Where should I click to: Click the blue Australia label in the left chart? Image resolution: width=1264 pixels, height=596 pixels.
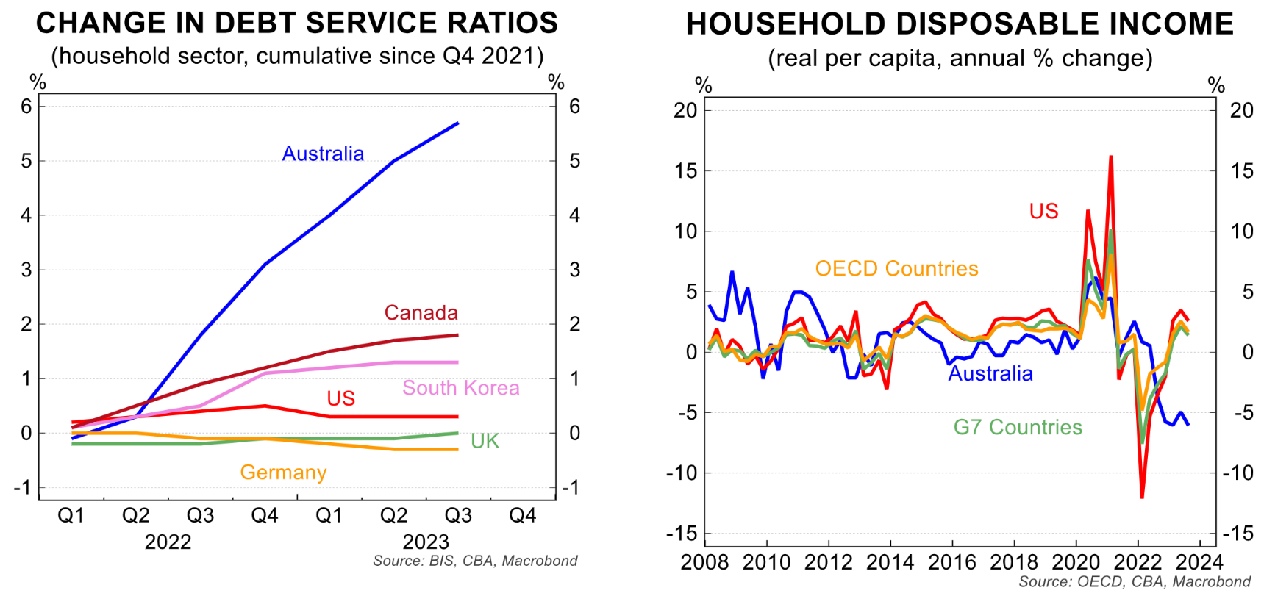(323, 154)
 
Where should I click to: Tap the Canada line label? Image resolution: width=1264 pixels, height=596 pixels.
(421, 313)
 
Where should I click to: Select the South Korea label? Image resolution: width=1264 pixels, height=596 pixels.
(460, 388)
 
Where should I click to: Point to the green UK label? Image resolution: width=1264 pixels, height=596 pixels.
(485, 441)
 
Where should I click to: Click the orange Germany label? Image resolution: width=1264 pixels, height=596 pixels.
(283, 473)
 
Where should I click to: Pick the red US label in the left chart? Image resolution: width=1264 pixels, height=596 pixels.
(340, 398)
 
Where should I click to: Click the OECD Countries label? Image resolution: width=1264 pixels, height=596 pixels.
(896, 269)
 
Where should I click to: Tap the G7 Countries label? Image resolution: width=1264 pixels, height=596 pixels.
(1018, 428)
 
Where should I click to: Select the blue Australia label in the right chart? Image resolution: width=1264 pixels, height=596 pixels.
(990, 374)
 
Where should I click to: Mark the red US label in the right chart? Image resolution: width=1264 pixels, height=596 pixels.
(1043, 212)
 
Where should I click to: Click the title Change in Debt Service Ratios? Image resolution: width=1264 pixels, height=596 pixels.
(297, 24)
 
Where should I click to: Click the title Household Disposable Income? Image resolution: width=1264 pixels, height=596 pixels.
(960, 24)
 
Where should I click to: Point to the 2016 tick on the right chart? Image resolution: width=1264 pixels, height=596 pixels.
(952, 563)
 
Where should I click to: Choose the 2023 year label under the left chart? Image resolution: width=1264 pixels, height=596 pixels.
(426, 542)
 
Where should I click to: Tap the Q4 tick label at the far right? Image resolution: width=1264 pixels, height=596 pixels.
(522, 515)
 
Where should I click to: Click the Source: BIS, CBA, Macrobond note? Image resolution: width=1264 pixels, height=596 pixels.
(475, 561)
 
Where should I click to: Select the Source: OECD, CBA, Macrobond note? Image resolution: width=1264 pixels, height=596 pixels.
(1134, 582)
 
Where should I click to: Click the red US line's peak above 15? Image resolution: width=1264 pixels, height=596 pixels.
(1110, 157)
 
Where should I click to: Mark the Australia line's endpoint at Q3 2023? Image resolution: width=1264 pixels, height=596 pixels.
(457, 123)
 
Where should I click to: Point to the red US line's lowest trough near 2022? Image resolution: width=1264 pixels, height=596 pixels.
(1142, 498)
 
